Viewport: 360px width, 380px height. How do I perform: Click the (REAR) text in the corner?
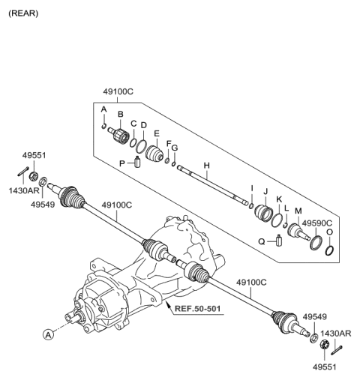pyautogui.click(x=22, y=13)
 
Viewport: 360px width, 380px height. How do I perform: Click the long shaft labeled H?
pyautogui.click(x=214, y=184)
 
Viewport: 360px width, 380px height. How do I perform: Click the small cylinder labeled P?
pyautogui.click(x=139, y=163)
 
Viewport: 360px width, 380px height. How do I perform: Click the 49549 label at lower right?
pyautogui.click(x=315, y=317)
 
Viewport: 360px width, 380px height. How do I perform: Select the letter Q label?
pyautogui.click(x=262, y=241)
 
